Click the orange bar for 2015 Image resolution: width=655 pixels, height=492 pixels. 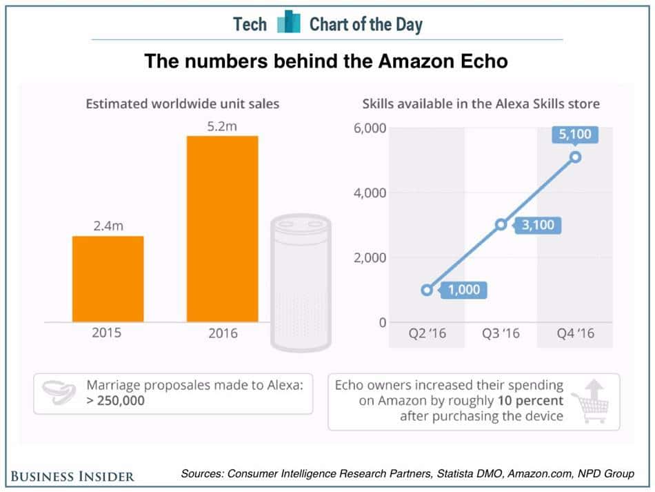pos(108,279)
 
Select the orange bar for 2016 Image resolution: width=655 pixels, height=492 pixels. pos(222,228)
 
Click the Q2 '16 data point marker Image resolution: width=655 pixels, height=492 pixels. pos(427,290)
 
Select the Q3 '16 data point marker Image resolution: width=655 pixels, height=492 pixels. pos(501,224)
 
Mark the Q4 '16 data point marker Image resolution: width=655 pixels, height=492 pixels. pos(576,157)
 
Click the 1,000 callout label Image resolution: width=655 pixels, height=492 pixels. pos(464,290)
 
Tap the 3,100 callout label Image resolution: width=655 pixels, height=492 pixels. pos(538,224)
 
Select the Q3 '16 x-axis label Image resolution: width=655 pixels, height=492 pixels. pos(501,334)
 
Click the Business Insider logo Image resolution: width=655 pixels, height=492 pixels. pos(72,475)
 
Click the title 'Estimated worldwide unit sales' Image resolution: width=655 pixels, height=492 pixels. pos(182,105)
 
